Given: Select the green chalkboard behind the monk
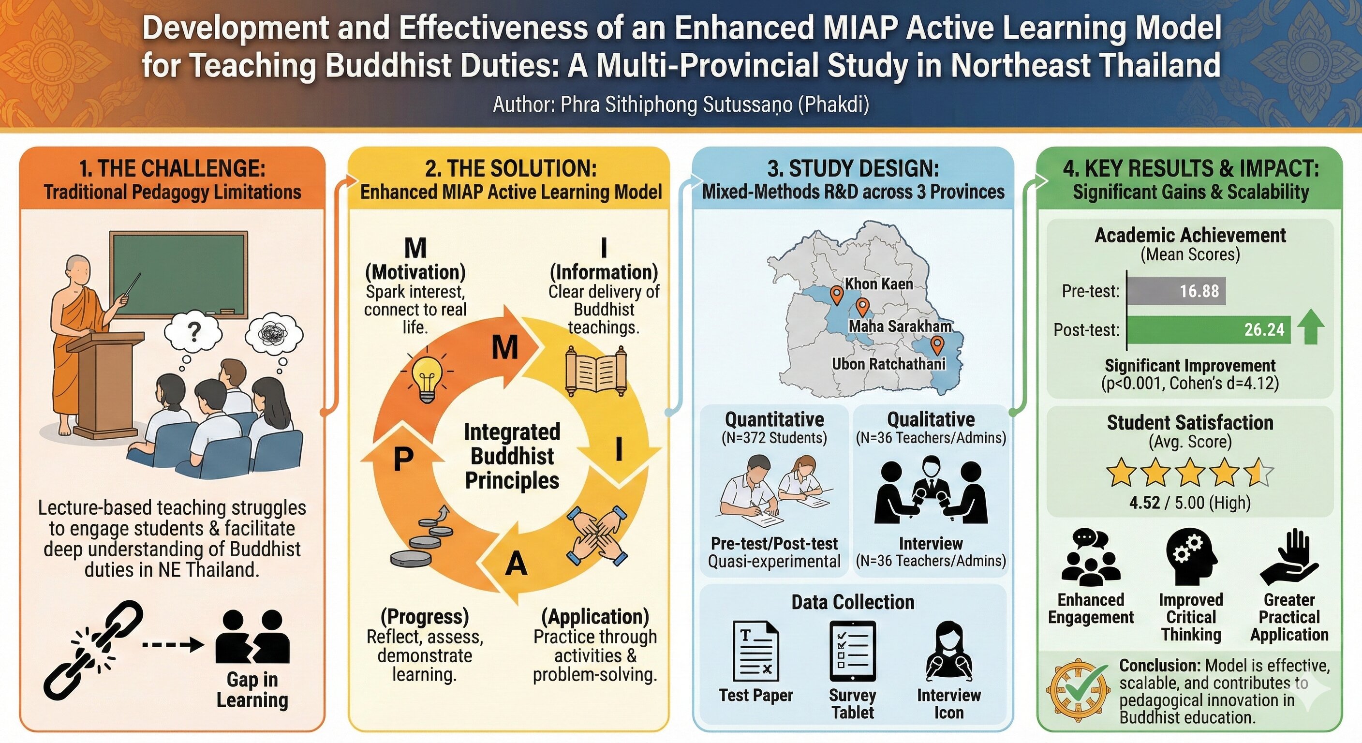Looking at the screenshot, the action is [x=178, y=274].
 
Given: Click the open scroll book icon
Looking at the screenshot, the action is [x=596, y=370].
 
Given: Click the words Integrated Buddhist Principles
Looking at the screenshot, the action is [x=512, y=456].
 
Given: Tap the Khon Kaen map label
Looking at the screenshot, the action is [x=879, y=284].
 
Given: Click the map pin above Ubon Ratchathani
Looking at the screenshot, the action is [x=937, y=345].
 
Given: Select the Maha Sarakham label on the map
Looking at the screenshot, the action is [x=900, y=326].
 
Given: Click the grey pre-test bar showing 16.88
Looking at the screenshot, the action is [x=1177, y=291].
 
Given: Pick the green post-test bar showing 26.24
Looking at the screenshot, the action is [x=1209, y=329].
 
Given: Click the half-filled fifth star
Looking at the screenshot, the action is [x=1259, y=473].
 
